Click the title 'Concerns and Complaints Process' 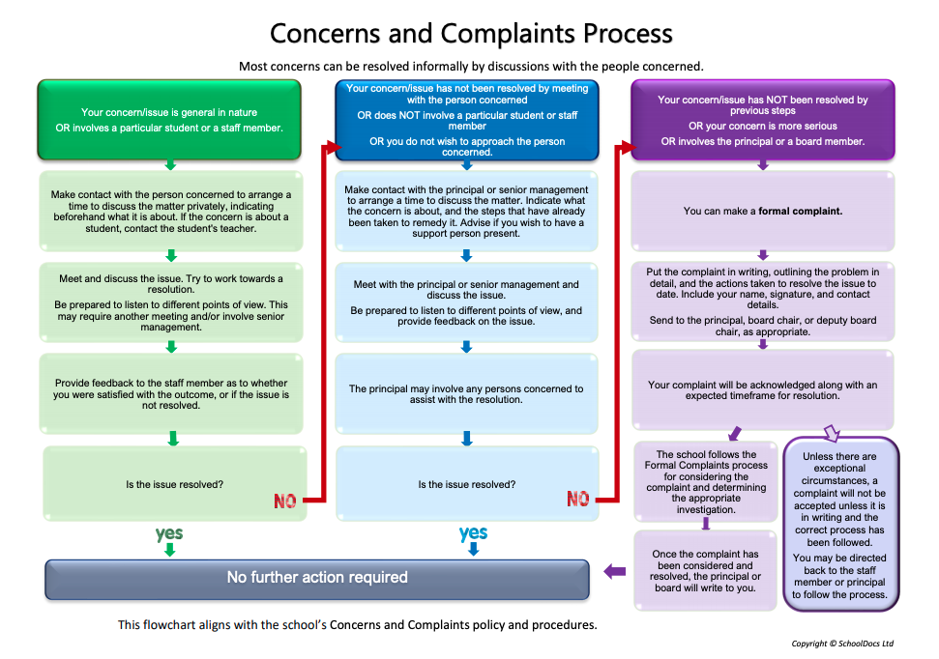[471, 34]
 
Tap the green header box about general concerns [169, 120]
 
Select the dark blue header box [466, 120]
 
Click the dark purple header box [762, 120]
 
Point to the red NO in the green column [285, 501]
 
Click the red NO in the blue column [578, 499]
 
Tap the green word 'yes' [169, 532]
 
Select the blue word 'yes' [473, 532]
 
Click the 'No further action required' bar [317, 580]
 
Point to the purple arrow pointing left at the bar [614, 571]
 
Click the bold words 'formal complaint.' [800, 212]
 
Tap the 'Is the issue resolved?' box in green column [174, 484]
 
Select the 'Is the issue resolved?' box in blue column [467, 484]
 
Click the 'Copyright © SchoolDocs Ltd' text [842, 644]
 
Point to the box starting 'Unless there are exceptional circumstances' [840, 525]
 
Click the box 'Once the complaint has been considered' [705, 571]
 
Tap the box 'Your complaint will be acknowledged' [763, 390]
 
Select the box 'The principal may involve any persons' [466, 394]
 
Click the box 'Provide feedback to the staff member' [171, 394]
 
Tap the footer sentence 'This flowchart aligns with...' [358, 625]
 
